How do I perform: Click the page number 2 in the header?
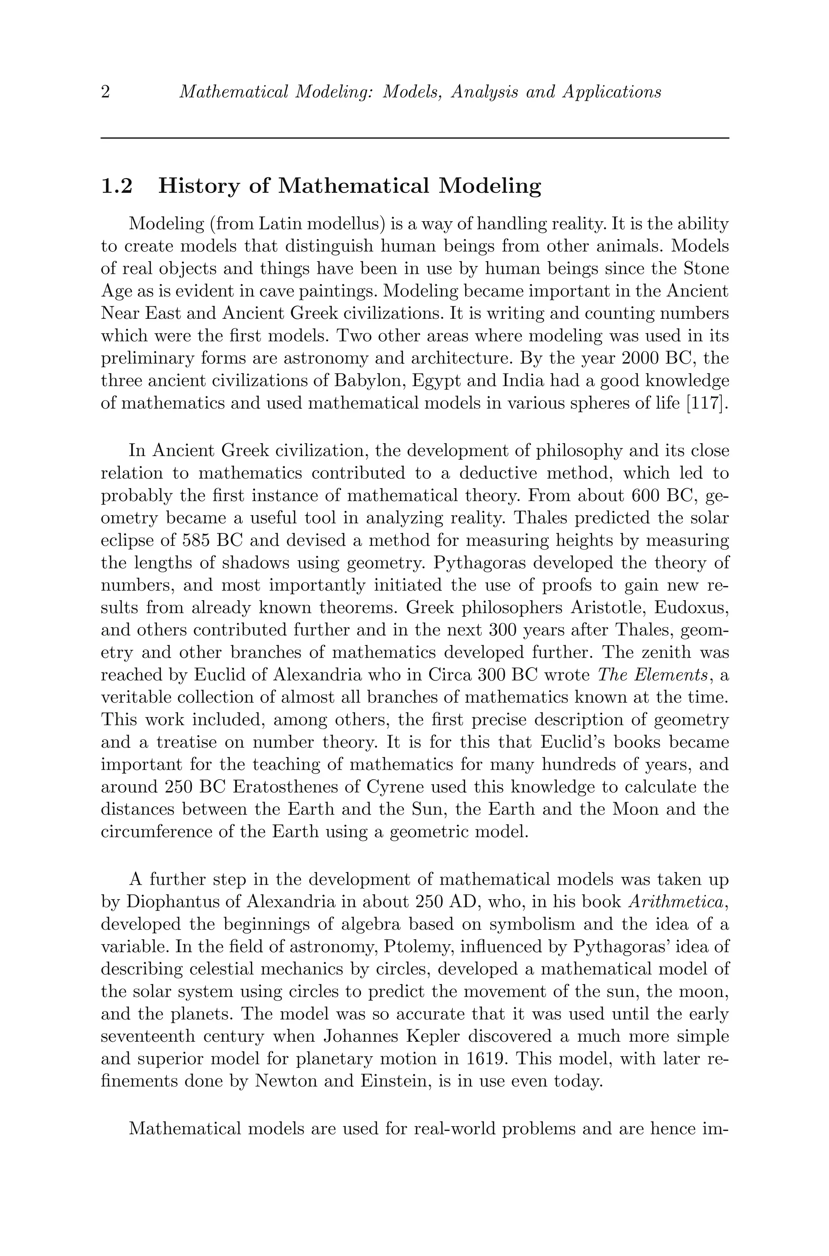click(x=105, y=93)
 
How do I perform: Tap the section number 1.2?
click(x=116, y=186)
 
